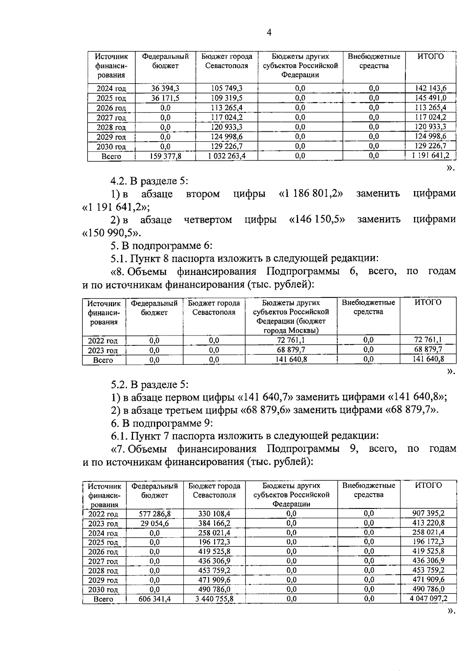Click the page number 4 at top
coord(269,33)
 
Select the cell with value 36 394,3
coord(165,88)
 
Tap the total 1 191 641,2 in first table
coord(430,155)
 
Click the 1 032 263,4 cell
coord(226,156)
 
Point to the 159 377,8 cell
coord(165,156)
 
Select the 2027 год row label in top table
coord(111,118)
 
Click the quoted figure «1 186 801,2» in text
coord(311,193)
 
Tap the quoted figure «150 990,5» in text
coord(112,233)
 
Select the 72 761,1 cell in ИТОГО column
coord(427,339)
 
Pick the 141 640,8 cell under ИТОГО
coord(427,359)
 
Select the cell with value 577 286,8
coord(154,514)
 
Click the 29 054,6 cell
coord(154,523)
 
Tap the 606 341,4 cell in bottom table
coord(154,599)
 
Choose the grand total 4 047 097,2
coord(428,599)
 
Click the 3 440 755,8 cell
coord(214,599)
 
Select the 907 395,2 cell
coord(428,514)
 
